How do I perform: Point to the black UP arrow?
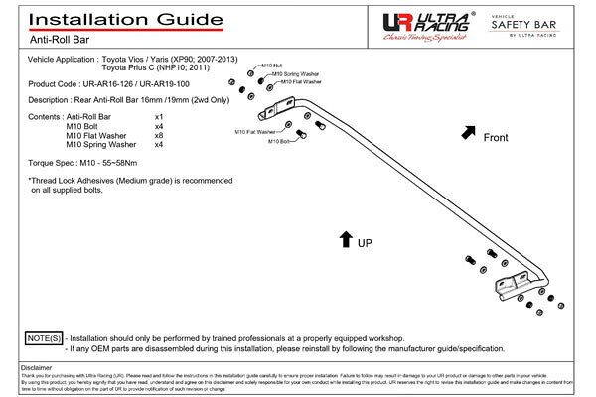click(345, 238)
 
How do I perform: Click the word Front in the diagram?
click(496, 138)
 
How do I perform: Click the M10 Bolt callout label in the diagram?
click(278, 142)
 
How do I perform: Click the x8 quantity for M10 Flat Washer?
click(159, 135)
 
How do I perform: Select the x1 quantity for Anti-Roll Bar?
click(159, 117)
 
